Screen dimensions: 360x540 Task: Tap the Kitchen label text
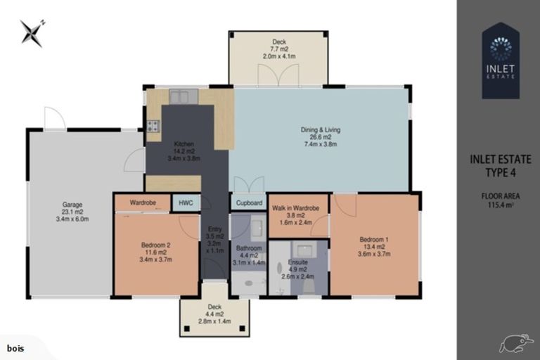point(184,144)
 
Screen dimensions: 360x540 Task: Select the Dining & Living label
point(320,129)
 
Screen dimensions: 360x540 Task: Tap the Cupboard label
point(249,203)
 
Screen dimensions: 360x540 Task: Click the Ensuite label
point(297,262)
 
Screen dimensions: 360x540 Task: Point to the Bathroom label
point(249,248)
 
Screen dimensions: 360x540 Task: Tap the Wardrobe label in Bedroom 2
point(143,202)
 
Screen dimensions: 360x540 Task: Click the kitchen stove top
point(153,127)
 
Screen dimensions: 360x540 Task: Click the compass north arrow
point(32,32)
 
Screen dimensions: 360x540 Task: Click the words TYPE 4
point(501,174)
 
